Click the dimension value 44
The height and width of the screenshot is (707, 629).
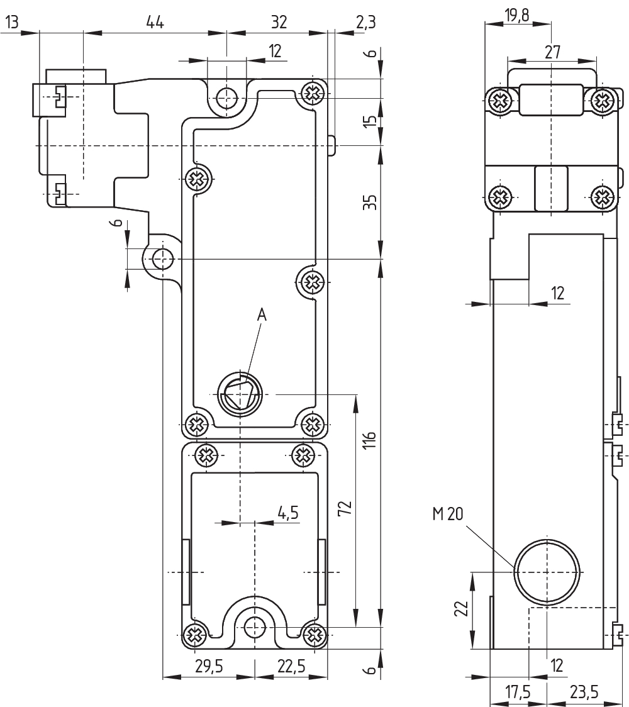coord(155,22)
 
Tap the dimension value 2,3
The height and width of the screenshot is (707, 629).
coord(365,22)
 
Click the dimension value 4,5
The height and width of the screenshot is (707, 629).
coord(287,513)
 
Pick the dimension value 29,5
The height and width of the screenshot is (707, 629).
coord(209,666)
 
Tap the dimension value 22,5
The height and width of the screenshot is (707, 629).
coord(291,666)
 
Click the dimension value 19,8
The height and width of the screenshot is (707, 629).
coord(517,15)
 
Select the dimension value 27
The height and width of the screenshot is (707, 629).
coord(552,52)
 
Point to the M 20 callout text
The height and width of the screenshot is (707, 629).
coord(447,513)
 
